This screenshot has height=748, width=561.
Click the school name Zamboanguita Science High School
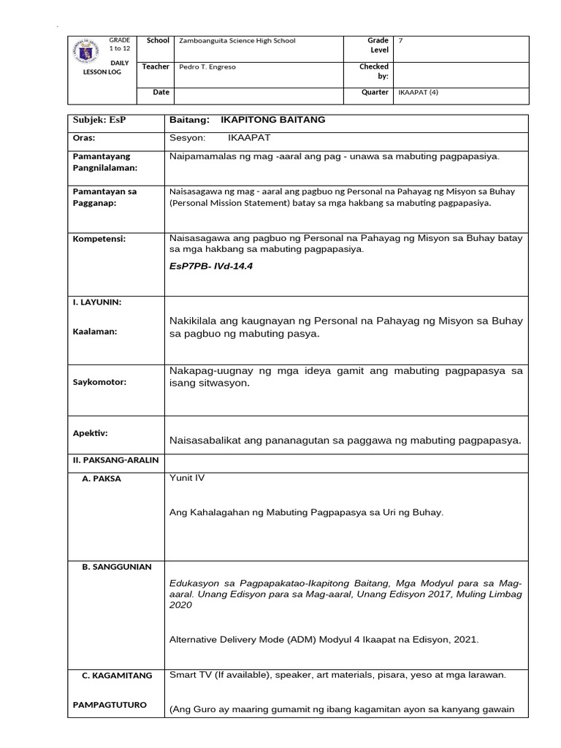click(x=237, y=41)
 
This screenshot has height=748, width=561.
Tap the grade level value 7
click(x=400, y=41)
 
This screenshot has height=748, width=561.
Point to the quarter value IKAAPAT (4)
click(x=418, y=93)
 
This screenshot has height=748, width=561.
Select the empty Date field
click(x=259, y=93)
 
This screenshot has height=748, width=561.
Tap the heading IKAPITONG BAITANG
click(x=268, y=120)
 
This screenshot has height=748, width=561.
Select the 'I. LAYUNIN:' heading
click(x=97, y=302)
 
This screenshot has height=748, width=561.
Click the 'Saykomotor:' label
click(x=99, y=382)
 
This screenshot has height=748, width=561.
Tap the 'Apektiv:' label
click(x=90, y=432)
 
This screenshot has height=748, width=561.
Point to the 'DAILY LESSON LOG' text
click(x=120, y=68)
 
